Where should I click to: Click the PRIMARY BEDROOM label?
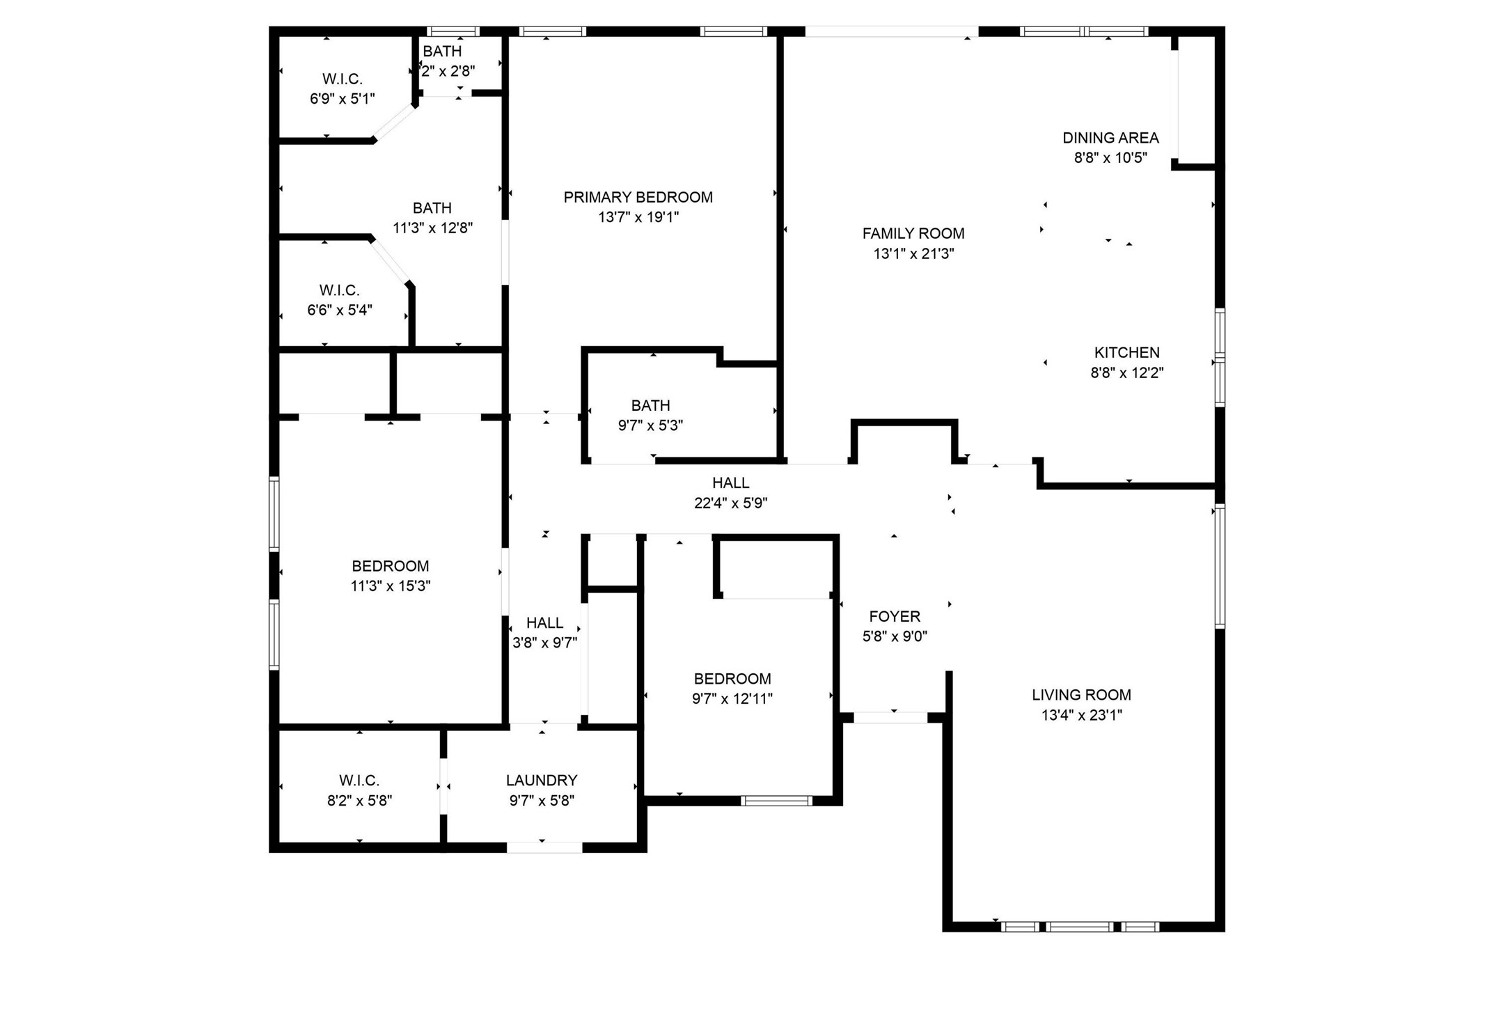tap(638, 197)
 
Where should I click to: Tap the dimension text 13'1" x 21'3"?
tap(913, 253)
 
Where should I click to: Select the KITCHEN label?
tap(1126, 352)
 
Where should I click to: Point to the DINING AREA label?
tap(1110, 138)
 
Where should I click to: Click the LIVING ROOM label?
tap(1080, 694)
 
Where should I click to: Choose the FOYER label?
tap(895, 616)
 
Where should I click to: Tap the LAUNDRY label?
tap(542, 780)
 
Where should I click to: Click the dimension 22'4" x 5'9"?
tap(730, 503)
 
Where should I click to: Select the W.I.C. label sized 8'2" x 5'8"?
tap(359, 780)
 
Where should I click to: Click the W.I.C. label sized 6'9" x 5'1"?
tap(342, 79)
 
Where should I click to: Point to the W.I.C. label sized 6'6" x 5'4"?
tap(339, 290)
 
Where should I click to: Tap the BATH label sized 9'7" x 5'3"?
tap(650, 405)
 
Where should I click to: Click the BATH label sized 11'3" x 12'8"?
tap(432, 207)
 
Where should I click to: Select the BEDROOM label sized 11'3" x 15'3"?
tap(390, 566)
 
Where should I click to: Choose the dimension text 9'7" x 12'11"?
tap(732, 698)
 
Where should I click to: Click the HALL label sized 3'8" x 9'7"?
tap(544, 622)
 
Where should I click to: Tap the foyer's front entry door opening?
tap(890, 718)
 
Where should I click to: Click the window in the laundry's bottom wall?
tap(544, 847)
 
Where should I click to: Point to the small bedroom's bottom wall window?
tap(776, 801)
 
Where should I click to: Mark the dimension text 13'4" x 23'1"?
tap(1081, 714)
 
